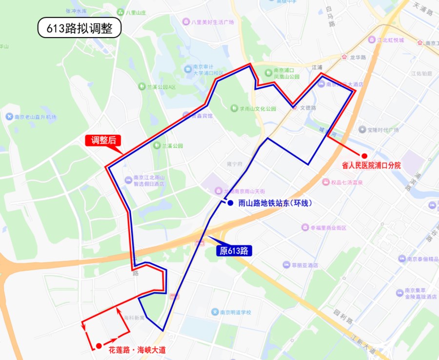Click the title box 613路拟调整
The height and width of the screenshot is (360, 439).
(79, 28)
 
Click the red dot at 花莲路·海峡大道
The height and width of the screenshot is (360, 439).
(99, 345)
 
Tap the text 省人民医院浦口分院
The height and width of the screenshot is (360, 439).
(371, 166)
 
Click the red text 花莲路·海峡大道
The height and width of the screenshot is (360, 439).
(138, 350)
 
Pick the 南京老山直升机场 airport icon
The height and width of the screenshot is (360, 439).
(9, 117)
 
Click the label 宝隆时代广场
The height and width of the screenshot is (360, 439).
(379, 130)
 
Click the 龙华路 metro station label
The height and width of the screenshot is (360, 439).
(358, 57)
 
